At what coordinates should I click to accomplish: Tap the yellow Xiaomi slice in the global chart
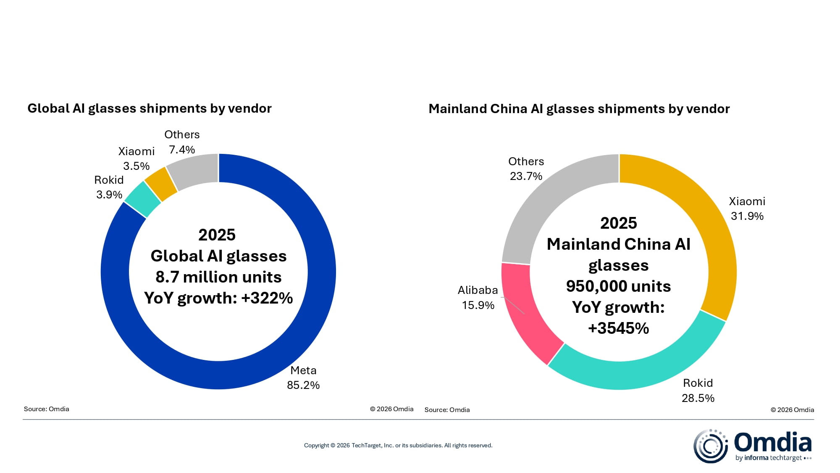click(161, 184)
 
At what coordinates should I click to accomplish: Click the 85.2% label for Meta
click(303, 385)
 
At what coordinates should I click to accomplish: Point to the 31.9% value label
click(747, 216)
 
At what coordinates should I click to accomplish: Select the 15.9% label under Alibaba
click(478, 305)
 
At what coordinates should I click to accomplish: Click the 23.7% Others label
click(526, 176)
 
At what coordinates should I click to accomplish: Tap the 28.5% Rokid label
click(698, 398)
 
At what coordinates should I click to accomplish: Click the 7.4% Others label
click(182, 150)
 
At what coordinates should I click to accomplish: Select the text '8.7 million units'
click(218, 277)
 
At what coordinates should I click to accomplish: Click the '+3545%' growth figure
click(618, 328)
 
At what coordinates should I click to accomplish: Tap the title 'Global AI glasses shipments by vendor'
click(150, 108)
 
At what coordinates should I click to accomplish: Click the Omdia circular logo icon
click(710, 446)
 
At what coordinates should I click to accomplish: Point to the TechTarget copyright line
click(398, 445)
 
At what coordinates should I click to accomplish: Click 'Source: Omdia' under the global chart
click(47, 409)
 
